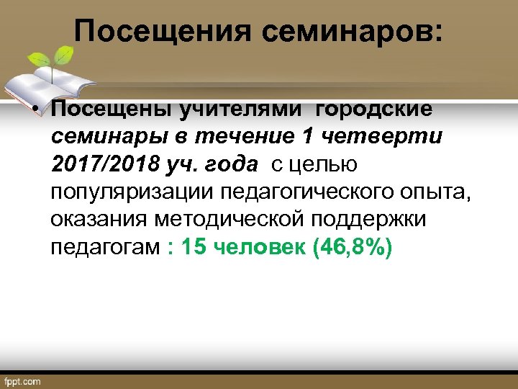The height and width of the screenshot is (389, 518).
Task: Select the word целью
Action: [325, 164]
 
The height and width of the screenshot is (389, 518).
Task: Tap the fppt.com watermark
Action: [23, 381]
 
